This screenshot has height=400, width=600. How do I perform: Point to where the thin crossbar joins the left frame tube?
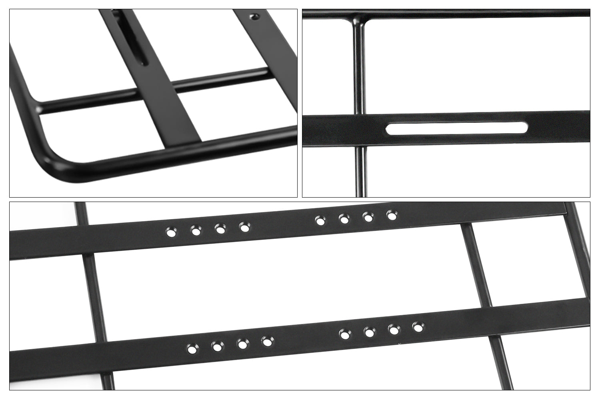point(38,108)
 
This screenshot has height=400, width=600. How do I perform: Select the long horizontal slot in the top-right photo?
point(456,128)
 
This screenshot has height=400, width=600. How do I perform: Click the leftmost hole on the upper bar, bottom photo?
point(171,232)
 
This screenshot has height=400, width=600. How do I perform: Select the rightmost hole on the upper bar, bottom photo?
point(391,216)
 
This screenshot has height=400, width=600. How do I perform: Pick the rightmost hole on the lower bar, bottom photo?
point(418,328)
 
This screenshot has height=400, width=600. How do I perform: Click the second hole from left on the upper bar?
point(196,230)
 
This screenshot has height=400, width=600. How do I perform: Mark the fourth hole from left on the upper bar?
point(244,227)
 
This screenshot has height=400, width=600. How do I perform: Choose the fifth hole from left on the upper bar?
point(320,220)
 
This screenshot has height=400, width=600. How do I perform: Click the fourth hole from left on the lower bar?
point(266,342)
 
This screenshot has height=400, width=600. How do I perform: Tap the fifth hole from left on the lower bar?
point(345,334)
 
